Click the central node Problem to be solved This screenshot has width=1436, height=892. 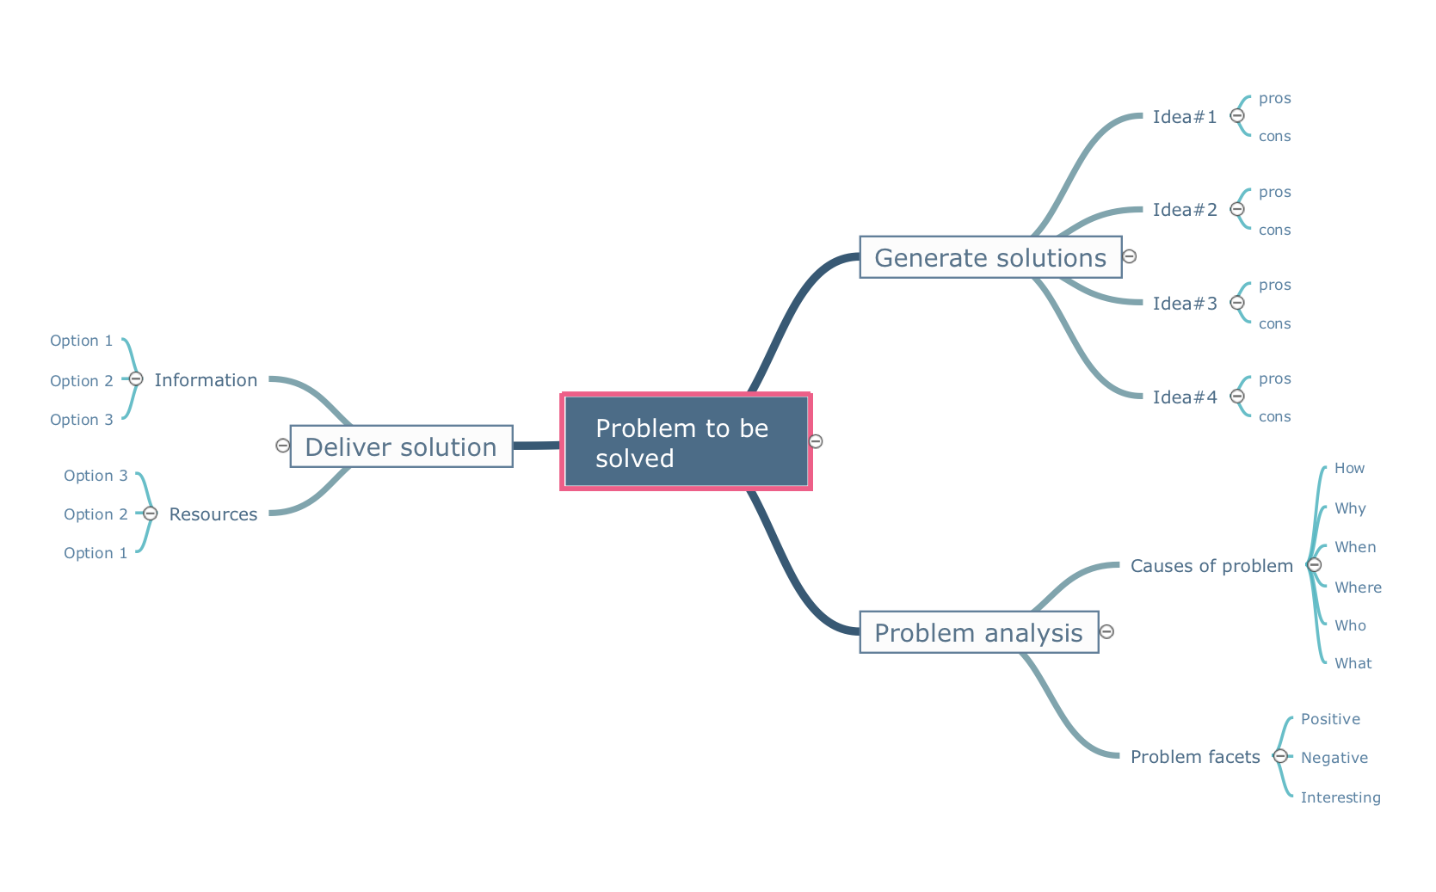click(x=686, y=442)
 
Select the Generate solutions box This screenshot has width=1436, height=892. click(x=990, y=257)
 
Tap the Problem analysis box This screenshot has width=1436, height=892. click(x=978, y=632)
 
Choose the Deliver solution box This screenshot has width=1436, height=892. click(x=401, y=446)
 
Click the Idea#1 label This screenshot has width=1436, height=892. click(x=1185, y=117)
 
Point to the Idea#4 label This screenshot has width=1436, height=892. click(x=1185, y=397)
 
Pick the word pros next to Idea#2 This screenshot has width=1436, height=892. click(x=1274, y=192)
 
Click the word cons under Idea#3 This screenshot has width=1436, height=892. click(x=1274, y=323)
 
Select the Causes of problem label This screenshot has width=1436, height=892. click(x=1211, y=566)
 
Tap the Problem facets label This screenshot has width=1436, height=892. click(x=1195, y=757)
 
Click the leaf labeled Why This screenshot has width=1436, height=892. click(x=1350, y=508)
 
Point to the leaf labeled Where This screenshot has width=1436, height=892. click(x=1358, y=587)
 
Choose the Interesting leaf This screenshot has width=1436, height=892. click(x=1340, y=797)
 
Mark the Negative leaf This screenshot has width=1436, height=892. click(x=1334, y=758)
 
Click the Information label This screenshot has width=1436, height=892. click(x=206, y=380)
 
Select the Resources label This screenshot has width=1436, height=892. click(x=213, y=514)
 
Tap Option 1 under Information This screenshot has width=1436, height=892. click(x=81, y=341)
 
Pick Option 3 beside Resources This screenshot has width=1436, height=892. click(x=96, y=476)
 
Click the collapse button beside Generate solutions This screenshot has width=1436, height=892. click(x=1130, y=256)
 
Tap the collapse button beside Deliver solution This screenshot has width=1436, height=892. click(x=282, y=445)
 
